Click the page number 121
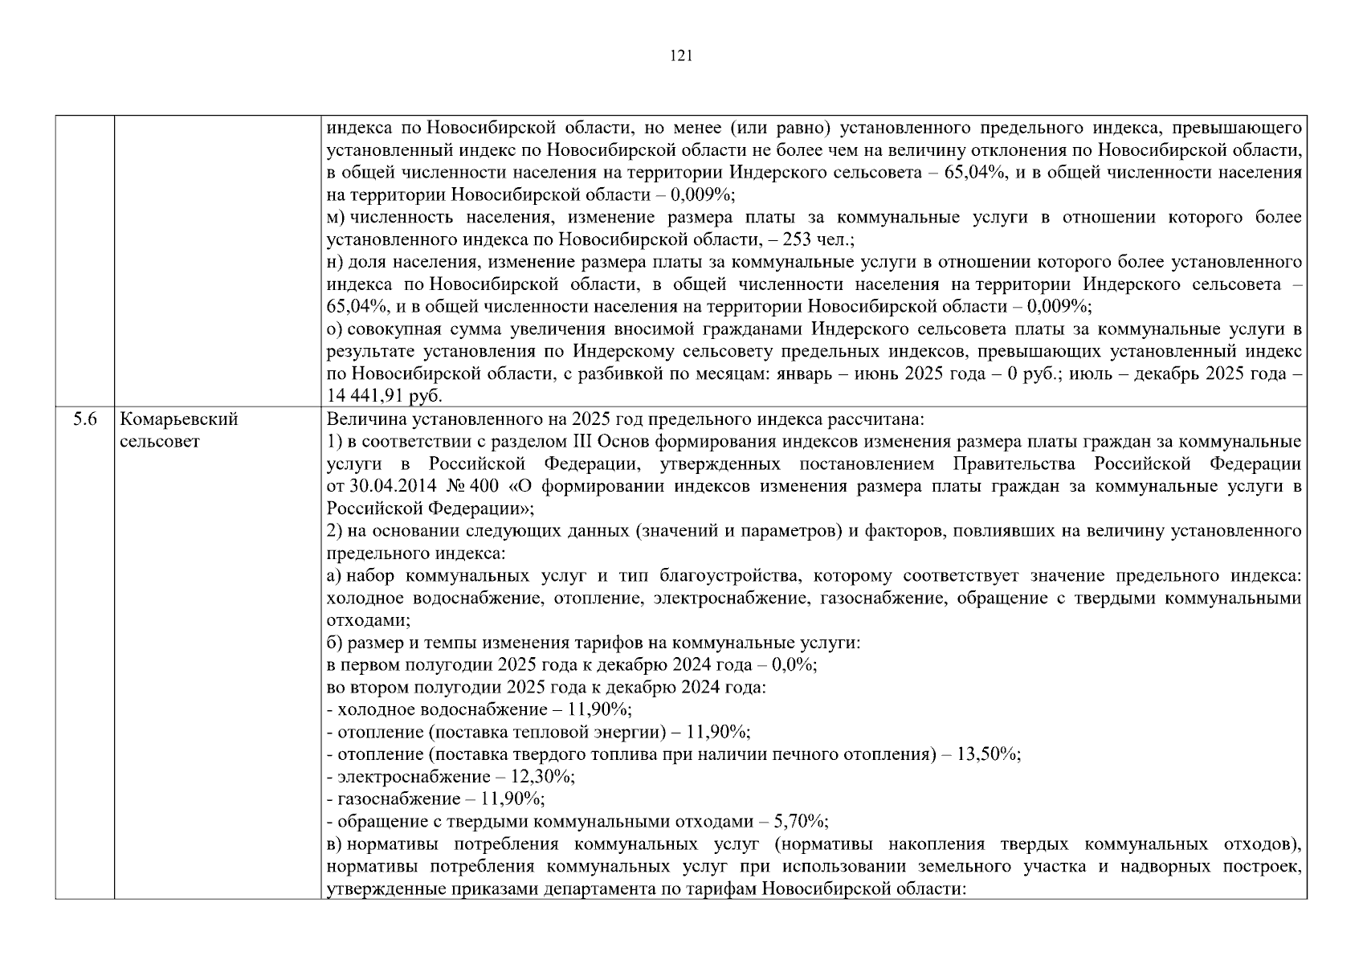coord(680,55)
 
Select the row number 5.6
coord(85,419)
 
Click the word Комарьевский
coord(179,419)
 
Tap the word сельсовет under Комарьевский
coord(159,442)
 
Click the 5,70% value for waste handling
coord(800,821)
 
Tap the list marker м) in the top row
coord(335,218)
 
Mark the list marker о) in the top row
coord(335,329)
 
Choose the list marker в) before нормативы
coord(334,844)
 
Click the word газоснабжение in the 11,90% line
coord(398,799)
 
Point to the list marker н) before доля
coord(335,262)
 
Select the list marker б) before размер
coord(335,643)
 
